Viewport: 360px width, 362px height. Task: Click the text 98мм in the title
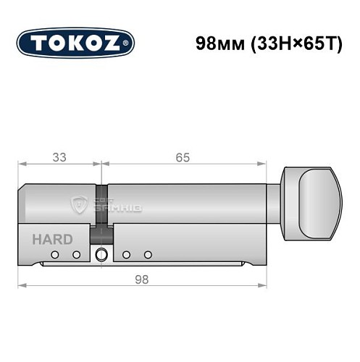tap(218, 43)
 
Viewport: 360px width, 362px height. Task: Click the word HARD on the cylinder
tap(51, 239)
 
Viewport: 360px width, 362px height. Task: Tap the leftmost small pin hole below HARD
tap(56, 254)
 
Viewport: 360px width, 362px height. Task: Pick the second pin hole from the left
tap(76, 254)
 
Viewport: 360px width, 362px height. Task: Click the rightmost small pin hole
tap(148, 254)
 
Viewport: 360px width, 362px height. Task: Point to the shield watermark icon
tap(80, 205)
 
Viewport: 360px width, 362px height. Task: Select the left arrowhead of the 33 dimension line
tap(22, 164)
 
